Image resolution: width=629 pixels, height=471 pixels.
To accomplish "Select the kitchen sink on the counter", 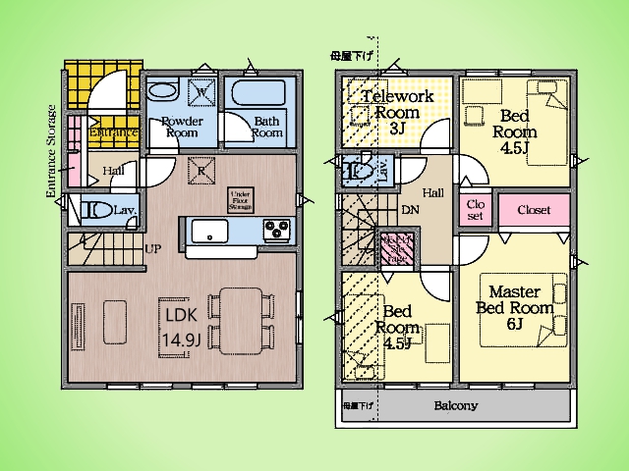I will click(210, 232).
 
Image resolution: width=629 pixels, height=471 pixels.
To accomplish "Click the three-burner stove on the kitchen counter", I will click(276, 232).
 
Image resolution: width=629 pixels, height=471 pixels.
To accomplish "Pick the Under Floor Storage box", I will click(240, 199).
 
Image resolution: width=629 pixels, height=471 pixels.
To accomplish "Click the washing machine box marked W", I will click(200, 92).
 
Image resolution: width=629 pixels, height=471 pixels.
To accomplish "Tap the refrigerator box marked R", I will click(200, 169).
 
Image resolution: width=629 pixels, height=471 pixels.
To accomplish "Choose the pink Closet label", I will click(533, 210).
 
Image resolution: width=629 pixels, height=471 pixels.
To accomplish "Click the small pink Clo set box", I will click(473, 210).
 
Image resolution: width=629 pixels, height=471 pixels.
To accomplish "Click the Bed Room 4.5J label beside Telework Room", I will click(512, 131).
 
